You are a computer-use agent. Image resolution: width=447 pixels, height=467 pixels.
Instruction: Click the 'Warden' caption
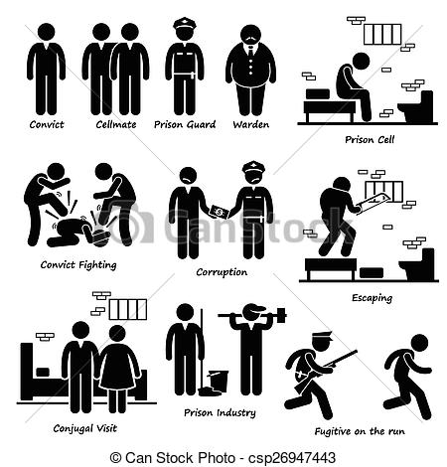[250, 124]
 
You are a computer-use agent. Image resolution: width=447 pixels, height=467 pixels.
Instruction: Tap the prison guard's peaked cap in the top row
[185, 24]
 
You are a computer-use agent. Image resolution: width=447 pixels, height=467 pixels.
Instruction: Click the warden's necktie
[250, 53]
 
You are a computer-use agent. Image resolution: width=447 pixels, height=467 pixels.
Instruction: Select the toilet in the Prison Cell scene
[416, 106]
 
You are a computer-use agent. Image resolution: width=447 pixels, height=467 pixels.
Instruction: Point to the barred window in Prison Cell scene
[382, 34]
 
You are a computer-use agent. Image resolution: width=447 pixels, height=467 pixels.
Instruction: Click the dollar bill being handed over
[219, 212]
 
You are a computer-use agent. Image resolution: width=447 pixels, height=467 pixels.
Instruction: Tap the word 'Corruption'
[222, 272]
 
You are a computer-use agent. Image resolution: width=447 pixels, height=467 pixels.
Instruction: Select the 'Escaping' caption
[372, 298]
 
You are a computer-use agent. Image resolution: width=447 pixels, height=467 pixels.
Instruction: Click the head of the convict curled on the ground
[101, 236]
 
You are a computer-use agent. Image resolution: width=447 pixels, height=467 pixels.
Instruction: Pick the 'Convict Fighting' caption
[78, 265]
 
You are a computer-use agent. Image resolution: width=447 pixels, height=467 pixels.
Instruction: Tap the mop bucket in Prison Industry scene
[219, 381]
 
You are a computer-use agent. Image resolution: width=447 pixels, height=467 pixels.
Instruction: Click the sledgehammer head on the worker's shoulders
[281, 315]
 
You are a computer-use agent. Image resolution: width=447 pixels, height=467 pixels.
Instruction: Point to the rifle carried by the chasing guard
[339, 359]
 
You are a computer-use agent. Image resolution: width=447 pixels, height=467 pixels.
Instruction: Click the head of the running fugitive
[419, 343]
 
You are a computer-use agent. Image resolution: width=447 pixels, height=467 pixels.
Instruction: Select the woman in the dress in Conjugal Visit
[118, 369]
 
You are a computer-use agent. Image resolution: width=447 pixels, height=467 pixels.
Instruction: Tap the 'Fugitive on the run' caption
[360, 431]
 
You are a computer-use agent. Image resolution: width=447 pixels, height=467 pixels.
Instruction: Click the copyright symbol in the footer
[115, 458]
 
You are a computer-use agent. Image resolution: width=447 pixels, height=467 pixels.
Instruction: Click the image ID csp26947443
[292, 458]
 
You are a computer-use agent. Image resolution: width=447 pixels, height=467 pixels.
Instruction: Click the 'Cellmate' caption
[116, 124]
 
